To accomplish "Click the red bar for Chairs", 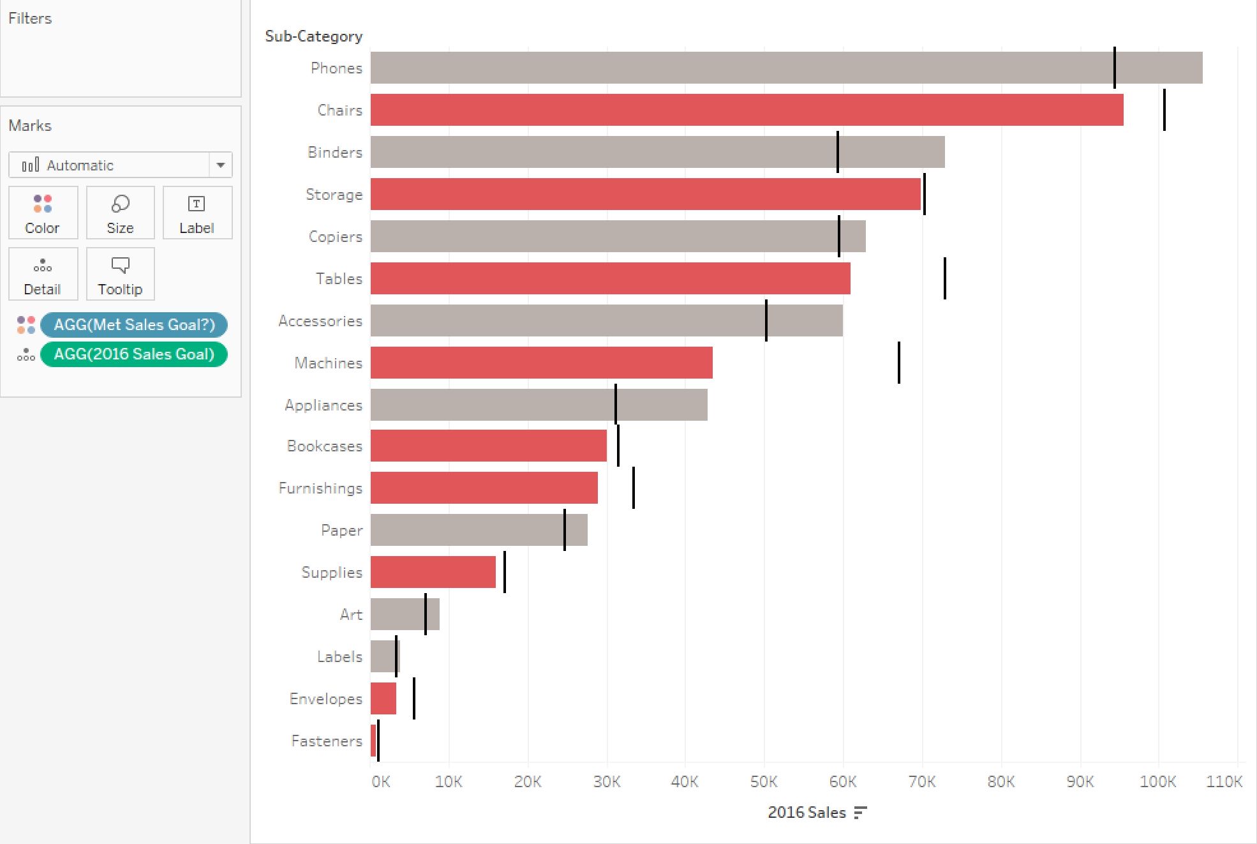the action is [747, 110].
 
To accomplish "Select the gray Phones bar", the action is [786, 68].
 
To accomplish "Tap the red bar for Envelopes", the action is [383, 698].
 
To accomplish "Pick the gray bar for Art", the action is [405, 614].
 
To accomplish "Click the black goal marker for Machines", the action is [899, 363].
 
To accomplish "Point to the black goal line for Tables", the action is [945, 278].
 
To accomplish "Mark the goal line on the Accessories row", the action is [766, 320].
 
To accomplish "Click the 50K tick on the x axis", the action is [764, 781].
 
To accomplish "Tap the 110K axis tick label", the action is [1224, 781].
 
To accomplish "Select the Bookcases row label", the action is [324, 446].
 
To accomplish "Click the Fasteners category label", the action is [327, 741].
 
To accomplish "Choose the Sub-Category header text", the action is [313, 36].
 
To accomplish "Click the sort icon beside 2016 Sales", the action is [860, 812].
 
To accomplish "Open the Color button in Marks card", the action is [43, 213].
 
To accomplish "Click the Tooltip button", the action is [120, 274].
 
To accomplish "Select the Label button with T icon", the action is [197, 213].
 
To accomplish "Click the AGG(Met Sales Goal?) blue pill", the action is [134, 324].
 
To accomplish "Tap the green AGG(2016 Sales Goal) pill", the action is [134, 354].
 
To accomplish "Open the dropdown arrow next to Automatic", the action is [221, 165].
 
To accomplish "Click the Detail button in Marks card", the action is [43, 274].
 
